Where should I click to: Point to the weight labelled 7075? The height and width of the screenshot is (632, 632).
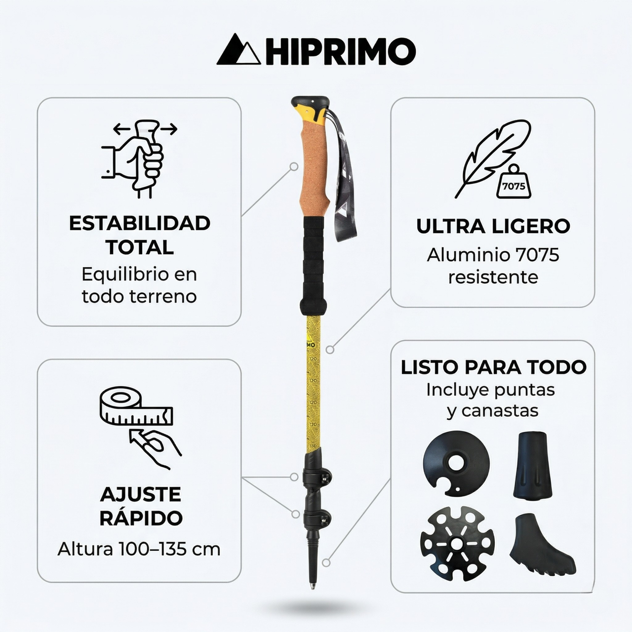click(513, 184)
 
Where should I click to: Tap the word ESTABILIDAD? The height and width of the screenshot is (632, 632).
click(140, 223)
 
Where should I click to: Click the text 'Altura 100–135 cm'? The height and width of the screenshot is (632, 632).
click(139, 549)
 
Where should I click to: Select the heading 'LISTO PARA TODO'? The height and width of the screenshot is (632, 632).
click(493, 367)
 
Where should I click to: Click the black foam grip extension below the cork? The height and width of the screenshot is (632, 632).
click(314, 264)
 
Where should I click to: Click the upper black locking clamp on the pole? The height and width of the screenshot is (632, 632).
click(316, 476)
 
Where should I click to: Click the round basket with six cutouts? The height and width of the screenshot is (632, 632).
click(457, 543)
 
